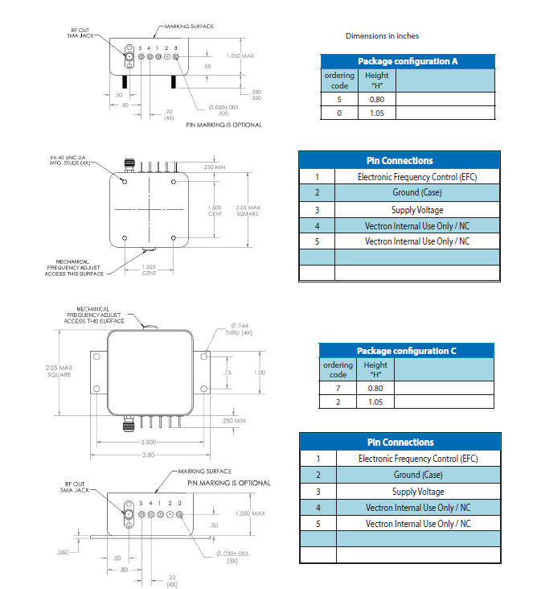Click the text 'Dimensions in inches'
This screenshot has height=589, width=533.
(x=382, y=36)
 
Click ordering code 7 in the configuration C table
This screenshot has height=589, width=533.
(x=338, y=388)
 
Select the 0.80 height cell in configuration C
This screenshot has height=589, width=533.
(x=375, y=388)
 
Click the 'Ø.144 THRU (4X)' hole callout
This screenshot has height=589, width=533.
(x=232, y=328)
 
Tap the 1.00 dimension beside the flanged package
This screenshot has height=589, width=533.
(x=259, y=373)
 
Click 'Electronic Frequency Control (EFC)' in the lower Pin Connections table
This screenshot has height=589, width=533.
(x=417, y=459)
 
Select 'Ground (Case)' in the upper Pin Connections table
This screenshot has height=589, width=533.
(x=417, y=193)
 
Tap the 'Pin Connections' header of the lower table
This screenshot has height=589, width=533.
(x=400, y=442)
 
